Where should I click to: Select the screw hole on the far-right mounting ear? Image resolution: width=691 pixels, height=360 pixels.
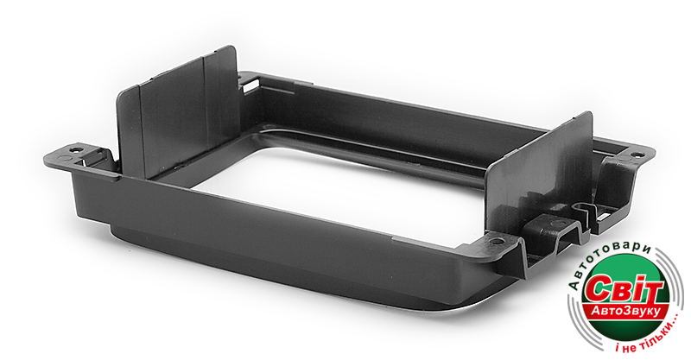[x=636, y=155]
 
